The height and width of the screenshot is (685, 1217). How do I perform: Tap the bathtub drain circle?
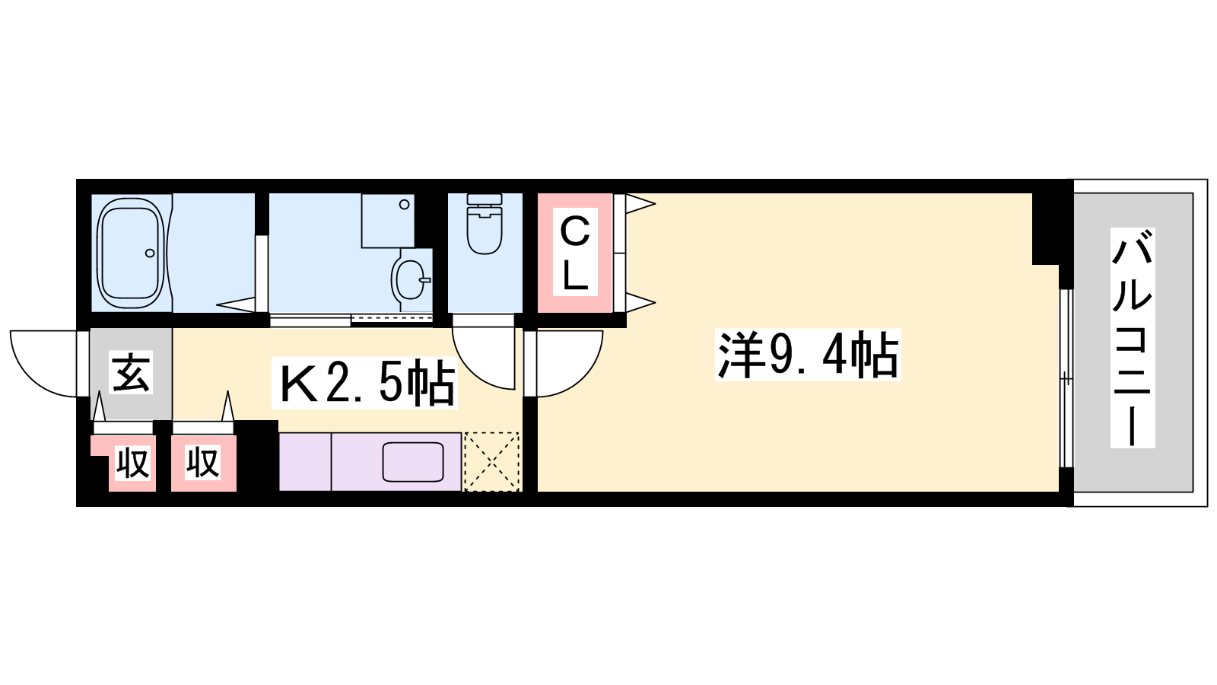coord(149,253)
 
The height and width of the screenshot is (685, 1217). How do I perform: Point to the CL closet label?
coord(575,252)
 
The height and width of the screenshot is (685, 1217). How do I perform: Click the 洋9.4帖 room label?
coord(808,355)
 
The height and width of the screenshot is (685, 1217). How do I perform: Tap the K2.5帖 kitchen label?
coord(364,383)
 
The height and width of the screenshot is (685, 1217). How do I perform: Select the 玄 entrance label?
coord(131,372)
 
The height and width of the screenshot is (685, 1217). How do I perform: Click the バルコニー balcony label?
coord(1133,338)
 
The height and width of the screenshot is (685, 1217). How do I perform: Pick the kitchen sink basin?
coord(414,462)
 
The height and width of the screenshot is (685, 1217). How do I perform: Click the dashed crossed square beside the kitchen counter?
coord(491,461)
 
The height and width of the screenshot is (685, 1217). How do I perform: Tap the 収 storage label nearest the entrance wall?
coord(132,463)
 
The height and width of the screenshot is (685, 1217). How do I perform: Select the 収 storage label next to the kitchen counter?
coord(202,462)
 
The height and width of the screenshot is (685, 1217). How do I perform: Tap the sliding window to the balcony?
coord(1066,378)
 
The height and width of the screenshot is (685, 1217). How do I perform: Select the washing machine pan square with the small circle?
coord(388,221)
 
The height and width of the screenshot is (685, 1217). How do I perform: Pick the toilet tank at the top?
coord(484,199)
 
